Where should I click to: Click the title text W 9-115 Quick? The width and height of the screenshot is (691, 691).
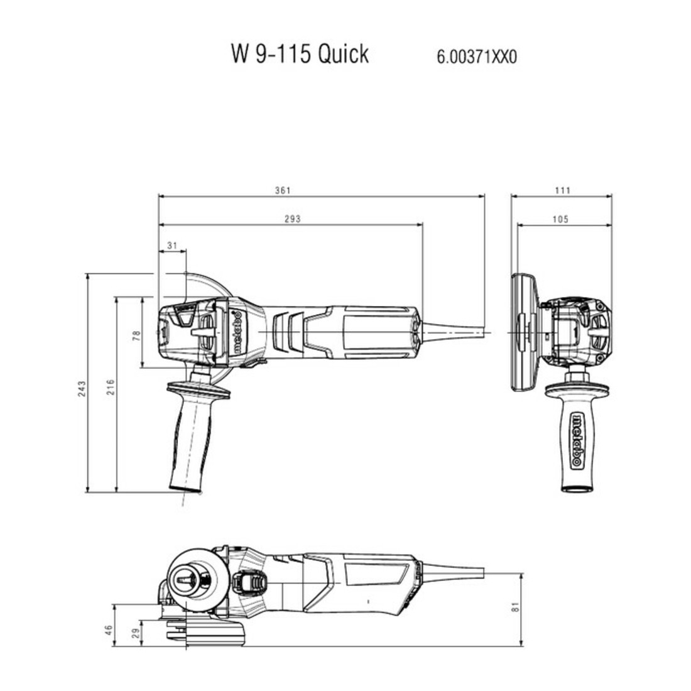(300, 54)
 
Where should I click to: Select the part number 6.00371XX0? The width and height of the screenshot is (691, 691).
(476, 57)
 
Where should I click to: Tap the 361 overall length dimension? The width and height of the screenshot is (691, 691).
(283, 190)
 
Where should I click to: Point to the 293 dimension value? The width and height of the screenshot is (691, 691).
(293, 219)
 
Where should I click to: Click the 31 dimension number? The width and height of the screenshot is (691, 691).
(172, 245)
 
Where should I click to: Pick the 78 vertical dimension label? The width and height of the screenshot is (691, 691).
(136, 335)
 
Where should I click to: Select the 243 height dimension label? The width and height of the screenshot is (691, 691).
(82, 389)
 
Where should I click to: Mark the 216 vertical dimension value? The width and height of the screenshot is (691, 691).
(111, 387)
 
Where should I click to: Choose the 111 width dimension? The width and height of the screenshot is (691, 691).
(563, 190)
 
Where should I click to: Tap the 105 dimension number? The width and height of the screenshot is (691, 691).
(560, 219)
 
